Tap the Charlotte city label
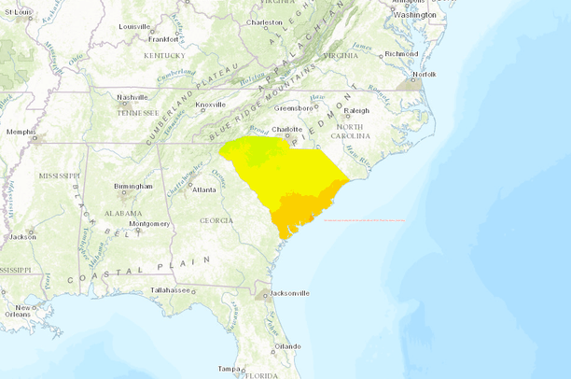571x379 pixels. (285, 130)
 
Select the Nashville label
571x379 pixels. (133, 97)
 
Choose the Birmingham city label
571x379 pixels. (133, 186)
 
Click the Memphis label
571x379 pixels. (21, 132)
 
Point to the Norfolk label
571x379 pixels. (425, 74)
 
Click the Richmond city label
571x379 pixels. (401, 53)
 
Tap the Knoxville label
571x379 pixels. (210, 105)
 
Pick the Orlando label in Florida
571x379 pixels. (287, 346)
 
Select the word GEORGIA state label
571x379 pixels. (216, 220)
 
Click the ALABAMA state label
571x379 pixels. (125, 212)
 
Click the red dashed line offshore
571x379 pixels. (364, 220)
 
